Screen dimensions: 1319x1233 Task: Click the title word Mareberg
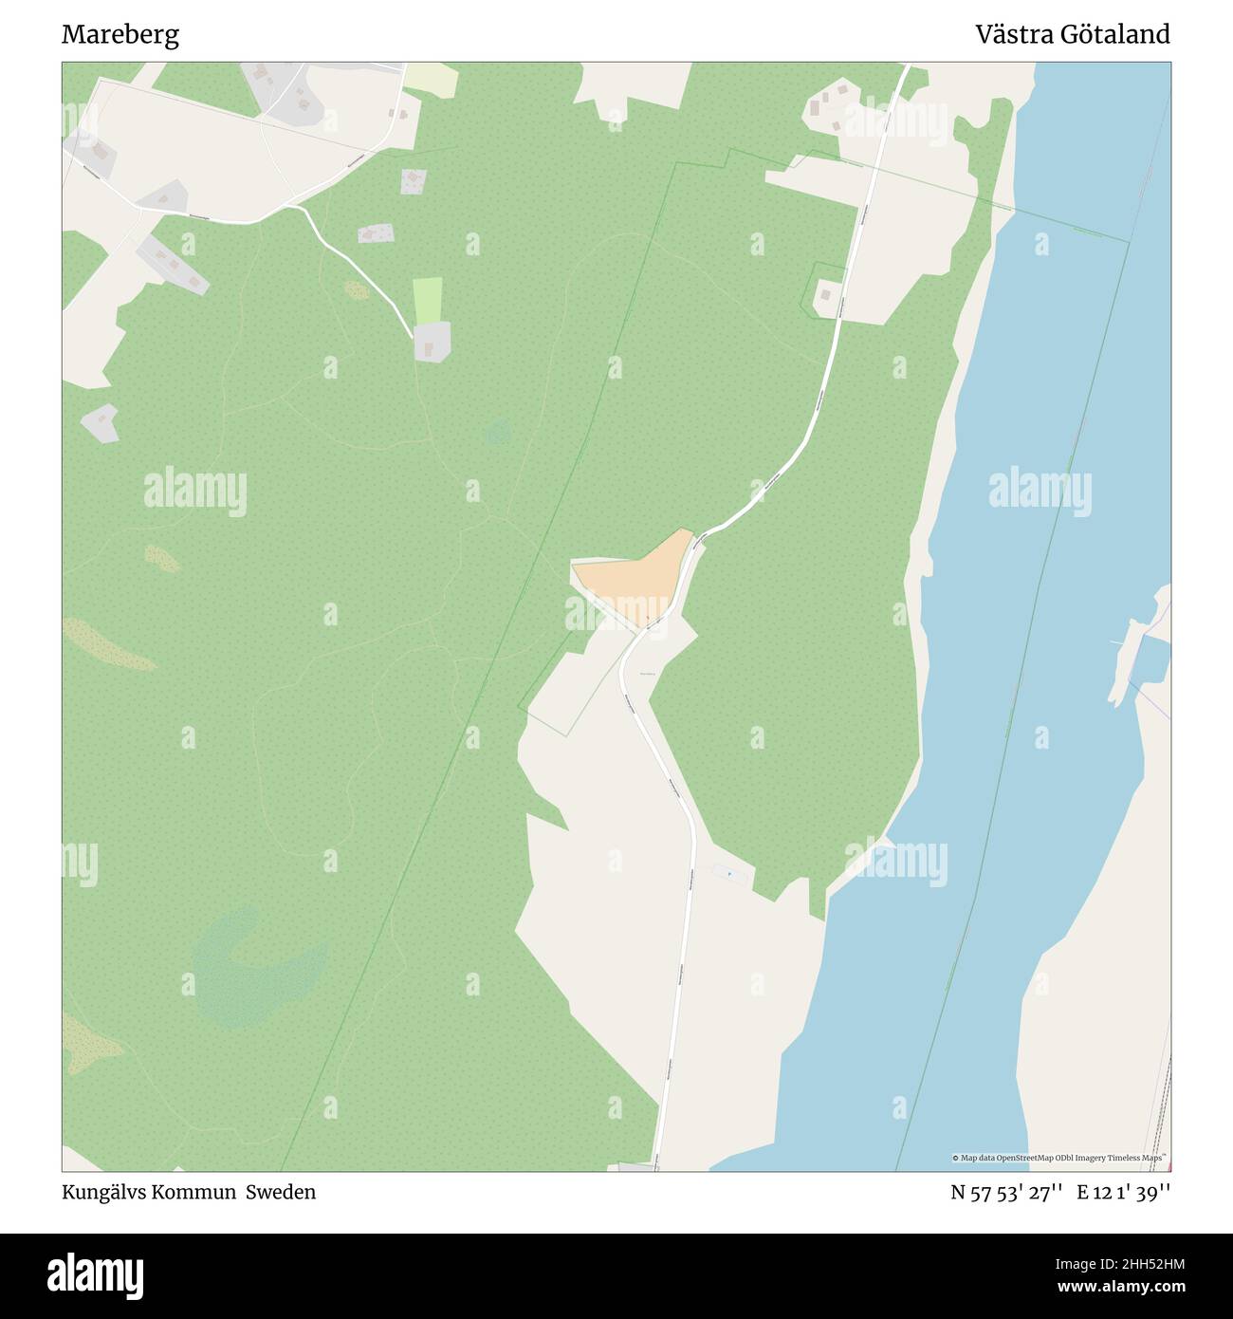pos(120,35)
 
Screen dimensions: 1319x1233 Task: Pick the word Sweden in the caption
pos(281,1192)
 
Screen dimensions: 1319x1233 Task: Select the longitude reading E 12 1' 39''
pos(1124,1192)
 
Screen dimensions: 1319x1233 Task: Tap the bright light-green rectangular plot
pos(428,300)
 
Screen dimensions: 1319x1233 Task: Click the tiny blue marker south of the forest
pos(728,873)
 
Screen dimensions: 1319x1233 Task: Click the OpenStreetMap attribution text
pos(1058,1158)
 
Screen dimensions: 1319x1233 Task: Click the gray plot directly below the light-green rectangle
pos(432,342)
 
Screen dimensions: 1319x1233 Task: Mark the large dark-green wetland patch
pos(256,968)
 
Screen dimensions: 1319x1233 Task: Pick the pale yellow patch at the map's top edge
pos(432,80)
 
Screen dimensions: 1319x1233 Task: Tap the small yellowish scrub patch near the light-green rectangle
pos(357,290)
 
